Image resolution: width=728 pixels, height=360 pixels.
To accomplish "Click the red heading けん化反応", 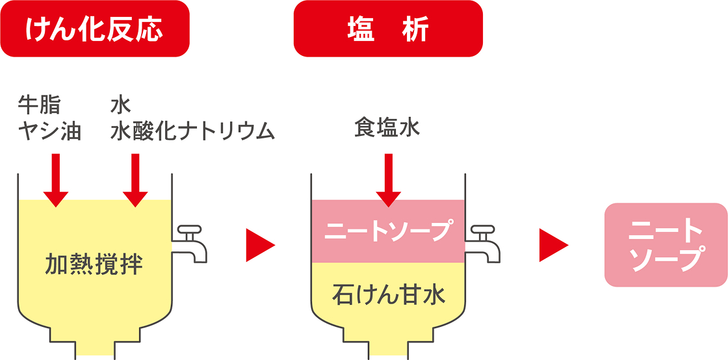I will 95,29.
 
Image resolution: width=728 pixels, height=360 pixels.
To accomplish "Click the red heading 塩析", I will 388,29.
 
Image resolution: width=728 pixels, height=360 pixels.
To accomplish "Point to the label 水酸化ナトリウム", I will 192,131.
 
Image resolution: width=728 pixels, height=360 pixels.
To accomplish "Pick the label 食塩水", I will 387,127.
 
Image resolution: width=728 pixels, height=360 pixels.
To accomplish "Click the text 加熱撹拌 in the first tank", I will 94,264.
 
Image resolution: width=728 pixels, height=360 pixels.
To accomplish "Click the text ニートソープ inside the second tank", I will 388,231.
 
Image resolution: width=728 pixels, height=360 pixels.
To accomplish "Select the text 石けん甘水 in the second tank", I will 388,294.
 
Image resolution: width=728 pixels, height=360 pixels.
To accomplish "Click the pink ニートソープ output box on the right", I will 666,245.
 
